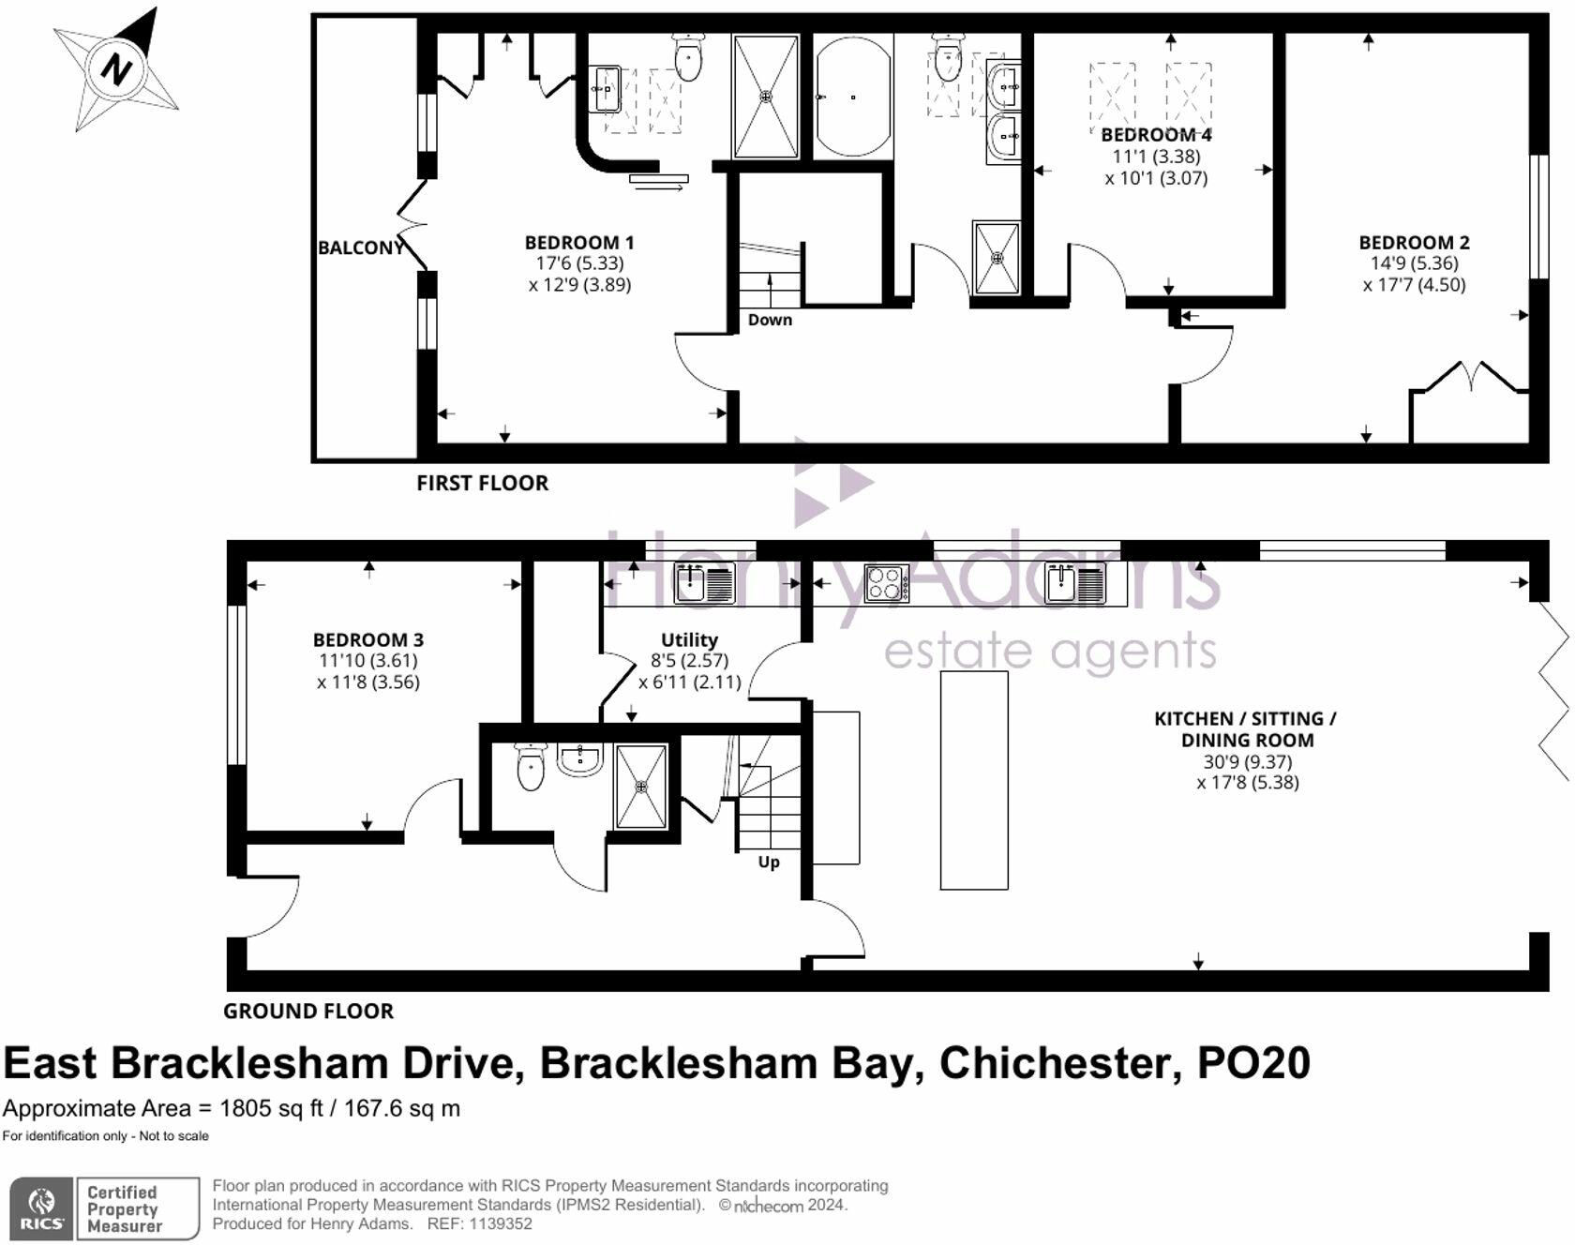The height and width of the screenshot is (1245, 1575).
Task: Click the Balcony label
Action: point(360,247)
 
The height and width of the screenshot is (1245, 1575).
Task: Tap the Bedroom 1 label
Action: point(578,242)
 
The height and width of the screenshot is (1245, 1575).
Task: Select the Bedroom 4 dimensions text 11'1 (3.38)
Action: point(1156,157)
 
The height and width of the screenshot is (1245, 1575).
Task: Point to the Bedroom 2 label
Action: point(1414,242)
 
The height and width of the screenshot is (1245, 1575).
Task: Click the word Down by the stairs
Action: point(770,320)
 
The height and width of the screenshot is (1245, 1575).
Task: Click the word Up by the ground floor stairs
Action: point(768,862)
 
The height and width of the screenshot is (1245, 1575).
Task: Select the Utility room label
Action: point(689,639)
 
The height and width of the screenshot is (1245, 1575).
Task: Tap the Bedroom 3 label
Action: point(367,639)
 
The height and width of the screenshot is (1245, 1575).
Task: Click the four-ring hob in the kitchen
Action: point(886,583)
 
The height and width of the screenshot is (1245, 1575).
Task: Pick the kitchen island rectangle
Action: point(974,779)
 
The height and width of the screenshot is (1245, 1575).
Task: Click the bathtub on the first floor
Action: point(853,97)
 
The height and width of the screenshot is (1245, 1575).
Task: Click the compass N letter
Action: point(116,68)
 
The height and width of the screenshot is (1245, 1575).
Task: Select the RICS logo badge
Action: point(41,1209)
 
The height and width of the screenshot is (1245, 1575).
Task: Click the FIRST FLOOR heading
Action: point(482,483)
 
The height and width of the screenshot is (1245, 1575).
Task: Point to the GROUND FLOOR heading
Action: point(307,1011)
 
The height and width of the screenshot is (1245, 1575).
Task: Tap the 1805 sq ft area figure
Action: point(270,1108)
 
